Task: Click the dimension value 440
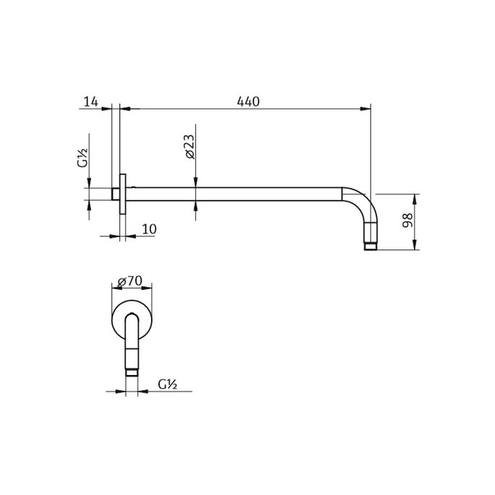click(247, 102)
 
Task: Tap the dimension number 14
click(90, 102)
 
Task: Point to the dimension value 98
click(408, 222)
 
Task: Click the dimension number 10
click(149, 229)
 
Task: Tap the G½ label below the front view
click(170, 385)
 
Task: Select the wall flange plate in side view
click(124, 194)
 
